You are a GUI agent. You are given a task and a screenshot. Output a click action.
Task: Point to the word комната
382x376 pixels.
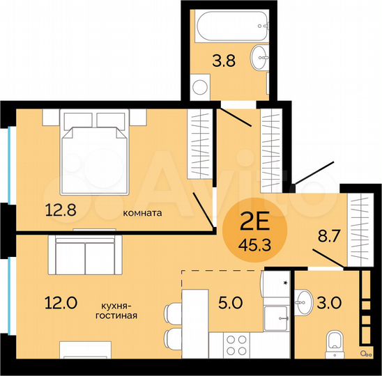click(x=142, y=214)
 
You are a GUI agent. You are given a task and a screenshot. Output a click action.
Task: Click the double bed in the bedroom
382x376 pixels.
click(x=96, y=153)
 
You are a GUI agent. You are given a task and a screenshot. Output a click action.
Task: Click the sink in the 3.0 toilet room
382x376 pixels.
click(x=305, y=299)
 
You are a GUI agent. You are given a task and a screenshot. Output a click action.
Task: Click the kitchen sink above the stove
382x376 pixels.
click(x=277, y=318)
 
